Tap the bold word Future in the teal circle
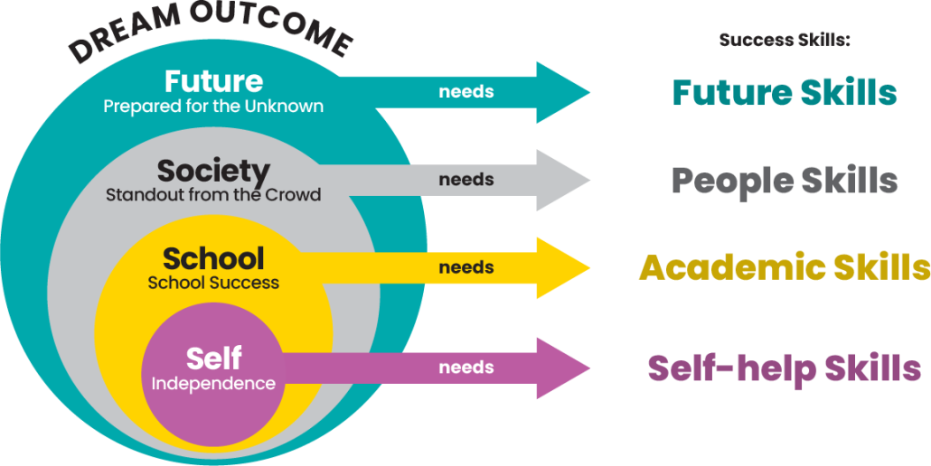[x=213, y=81]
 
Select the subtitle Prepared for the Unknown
[x=213, y=106]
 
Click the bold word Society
[x=213, y=170]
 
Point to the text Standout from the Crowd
[x=213, y=194]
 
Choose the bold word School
[x=213, y=258]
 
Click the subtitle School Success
[x=213, y=283]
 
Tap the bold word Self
[x=213, y=359]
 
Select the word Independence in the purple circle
[x=213, y=384]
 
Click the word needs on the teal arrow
[x=466, y=92]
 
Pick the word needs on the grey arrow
[x=466, y=180]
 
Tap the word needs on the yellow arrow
[x=466, y=267]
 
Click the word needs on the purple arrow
[x=466, y=368]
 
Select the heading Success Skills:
[x=785, y=41]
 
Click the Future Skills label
[x=785, y=92]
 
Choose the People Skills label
[x=785, y=181]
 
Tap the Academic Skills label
[x=785, y=268]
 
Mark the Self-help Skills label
[x=785, y=368]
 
